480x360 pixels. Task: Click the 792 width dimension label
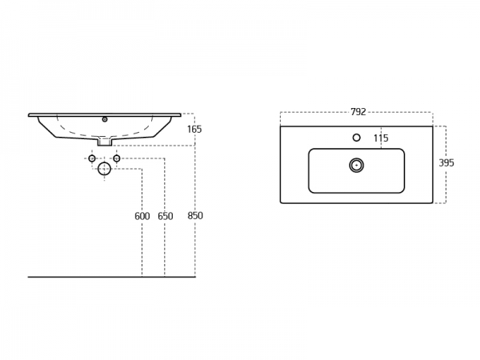click(x=358, y=112)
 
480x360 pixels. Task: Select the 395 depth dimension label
click(x=446, y=163)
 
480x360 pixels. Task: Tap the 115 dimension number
click(x=381, y=138)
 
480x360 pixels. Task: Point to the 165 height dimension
click(x=194, y=130)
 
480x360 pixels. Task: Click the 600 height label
click(x=142, y=217)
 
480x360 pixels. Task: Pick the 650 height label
click(x=166, y=217)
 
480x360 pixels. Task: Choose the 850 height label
click(x=195, y=216)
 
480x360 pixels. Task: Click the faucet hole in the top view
click(x=356, y=138)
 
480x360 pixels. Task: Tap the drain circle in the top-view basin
click(x=356, y=166)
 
